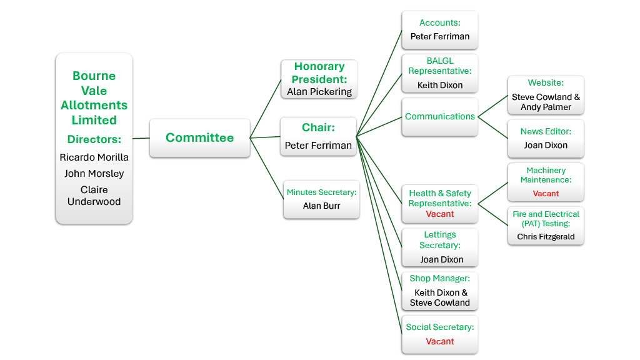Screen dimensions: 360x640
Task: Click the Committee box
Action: (x=199, y=137)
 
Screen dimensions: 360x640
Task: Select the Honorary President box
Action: (x=319, y=79)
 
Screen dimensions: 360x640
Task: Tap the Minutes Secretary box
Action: (x=321, y=199)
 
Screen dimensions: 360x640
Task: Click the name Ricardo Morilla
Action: (x=94, y=157)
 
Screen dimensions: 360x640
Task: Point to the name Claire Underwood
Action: (x=94, y=196)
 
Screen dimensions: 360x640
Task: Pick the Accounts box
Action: (x=439, y=30)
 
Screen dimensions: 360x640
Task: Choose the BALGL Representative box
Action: (x=439, y=72)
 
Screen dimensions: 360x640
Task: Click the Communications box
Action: (x=439, y=117)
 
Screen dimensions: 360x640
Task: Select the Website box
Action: (x=546, y=96)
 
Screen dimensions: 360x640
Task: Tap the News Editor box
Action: (x=546, y=139)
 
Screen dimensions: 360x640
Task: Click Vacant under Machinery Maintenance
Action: (x=546, y=194)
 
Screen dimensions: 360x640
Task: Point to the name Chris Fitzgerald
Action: (x=546, y=237)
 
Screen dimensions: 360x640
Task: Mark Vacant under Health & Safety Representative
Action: (x=440, y=214)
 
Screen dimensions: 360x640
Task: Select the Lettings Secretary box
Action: (x=439, y=247)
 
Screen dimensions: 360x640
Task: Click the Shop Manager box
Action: (x=439, y=291)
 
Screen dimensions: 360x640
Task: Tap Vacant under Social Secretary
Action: (x=440, y=342)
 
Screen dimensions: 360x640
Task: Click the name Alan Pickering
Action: (x=319, y=92)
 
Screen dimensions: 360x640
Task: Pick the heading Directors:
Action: (x=94, y=139)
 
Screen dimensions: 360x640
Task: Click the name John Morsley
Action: (x=94, y=174)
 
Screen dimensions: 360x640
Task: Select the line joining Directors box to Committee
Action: (x=141, y=138)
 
